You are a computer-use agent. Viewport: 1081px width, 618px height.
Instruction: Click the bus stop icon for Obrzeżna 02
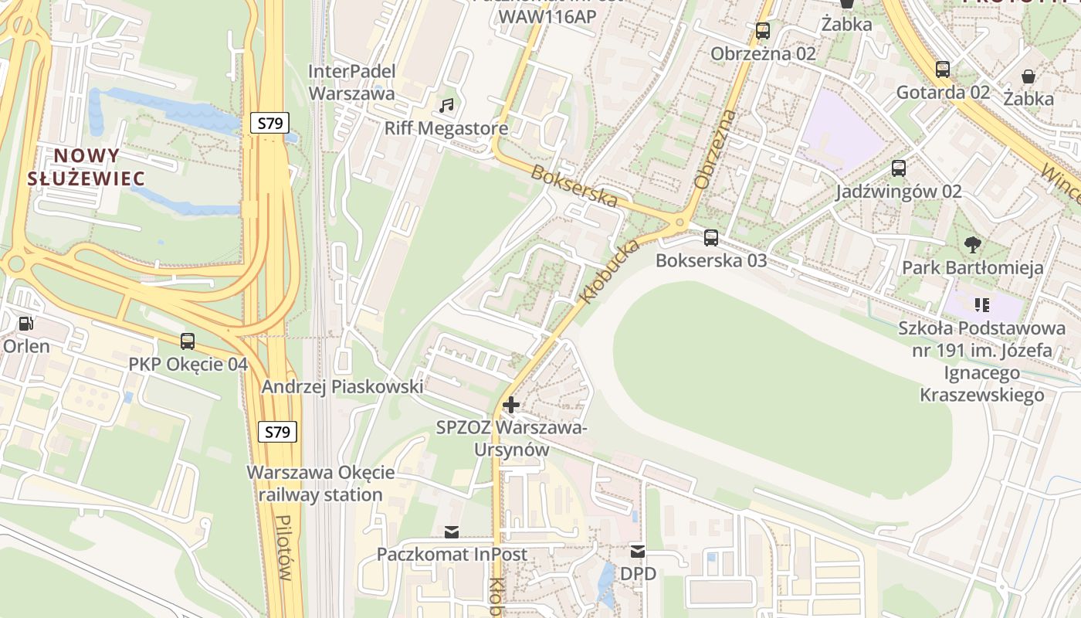763,31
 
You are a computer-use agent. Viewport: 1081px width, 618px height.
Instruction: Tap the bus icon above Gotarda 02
942,70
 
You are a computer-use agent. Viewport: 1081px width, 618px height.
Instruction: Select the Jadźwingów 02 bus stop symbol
898,168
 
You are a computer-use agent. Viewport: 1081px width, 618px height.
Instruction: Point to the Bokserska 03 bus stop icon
711,237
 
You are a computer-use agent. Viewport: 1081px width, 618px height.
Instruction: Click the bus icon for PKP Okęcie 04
188,341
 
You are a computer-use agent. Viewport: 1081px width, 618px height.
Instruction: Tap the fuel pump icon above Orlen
25,323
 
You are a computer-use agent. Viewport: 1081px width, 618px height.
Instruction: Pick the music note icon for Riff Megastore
446,105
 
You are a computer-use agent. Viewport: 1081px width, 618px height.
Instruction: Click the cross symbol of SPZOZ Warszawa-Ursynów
510,404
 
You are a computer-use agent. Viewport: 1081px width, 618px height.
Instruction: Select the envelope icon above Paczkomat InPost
451,531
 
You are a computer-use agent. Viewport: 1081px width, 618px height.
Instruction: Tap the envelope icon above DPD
638,551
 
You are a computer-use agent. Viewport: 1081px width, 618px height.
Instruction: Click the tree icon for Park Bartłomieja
973,245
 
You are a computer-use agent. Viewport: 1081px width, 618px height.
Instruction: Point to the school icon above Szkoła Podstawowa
981,305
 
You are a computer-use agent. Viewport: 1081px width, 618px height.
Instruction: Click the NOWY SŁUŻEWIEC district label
86,167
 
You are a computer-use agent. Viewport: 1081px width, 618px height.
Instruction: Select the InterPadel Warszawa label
352,83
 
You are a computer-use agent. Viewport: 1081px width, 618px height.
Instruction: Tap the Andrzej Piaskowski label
342,386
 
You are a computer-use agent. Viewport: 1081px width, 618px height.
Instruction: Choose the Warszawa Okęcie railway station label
320,484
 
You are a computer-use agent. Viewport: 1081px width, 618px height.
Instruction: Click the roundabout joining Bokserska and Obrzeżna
680,222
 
